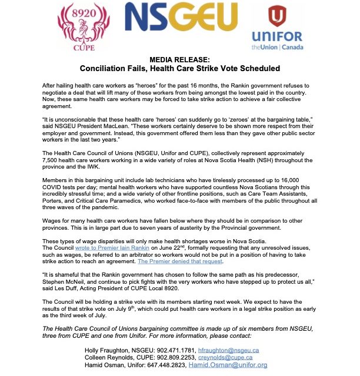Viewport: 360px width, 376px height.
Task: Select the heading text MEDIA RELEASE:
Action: [x=180, y=60]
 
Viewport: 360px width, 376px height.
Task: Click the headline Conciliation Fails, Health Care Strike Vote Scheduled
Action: [x=180, y=69]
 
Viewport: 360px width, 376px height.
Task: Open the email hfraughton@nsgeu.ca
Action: [x=224, y=349]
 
